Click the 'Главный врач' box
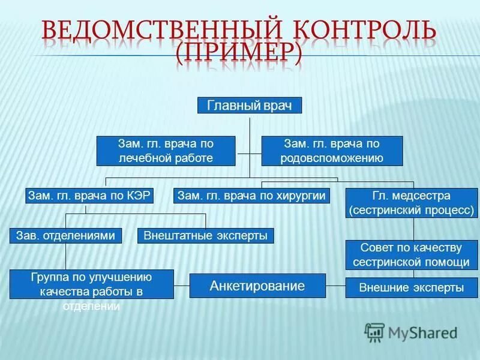coord(250,106)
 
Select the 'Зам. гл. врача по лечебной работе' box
coord(166,151)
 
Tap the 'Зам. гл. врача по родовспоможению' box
coord(332,151)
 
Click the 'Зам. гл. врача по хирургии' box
coord(252,196)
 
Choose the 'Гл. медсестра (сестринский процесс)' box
coord(412,203)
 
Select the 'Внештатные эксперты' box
coord(206,236)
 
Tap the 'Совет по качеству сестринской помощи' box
coord(412,255)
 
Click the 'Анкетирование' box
coord(257,286)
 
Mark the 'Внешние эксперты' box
coord(412,288)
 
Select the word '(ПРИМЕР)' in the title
coord(240,55)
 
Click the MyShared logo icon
coord(374,332)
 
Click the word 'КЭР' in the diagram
coord(138,196)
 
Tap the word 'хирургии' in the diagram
coord(304,196)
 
